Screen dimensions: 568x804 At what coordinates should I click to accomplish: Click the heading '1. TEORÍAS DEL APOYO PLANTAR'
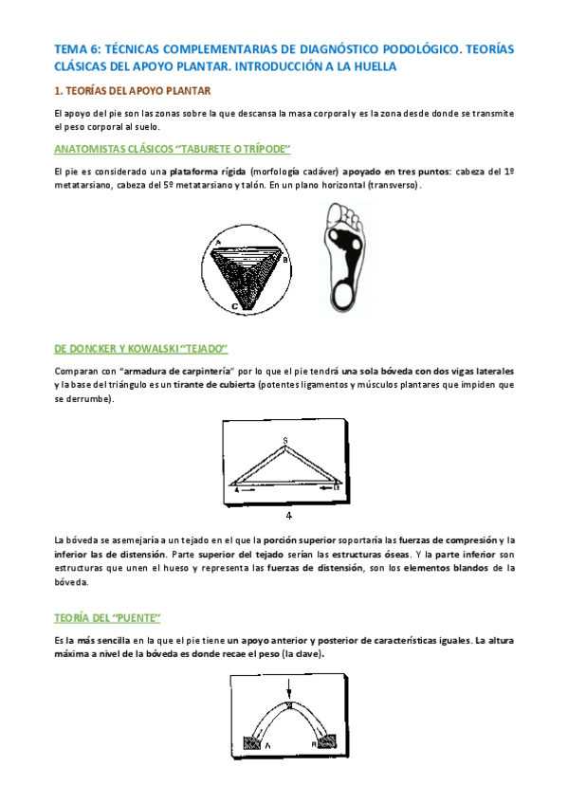tap(132, 91)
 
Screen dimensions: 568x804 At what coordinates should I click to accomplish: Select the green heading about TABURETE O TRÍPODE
tap(172, 149)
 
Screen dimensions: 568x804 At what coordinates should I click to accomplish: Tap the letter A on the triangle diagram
tap(218, 242)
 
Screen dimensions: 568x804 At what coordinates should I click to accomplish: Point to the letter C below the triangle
tap(234, 307)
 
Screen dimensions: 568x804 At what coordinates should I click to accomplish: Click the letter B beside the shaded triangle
tap(284, 258)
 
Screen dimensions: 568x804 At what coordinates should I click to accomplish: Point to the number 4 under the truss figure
tap(288, 516)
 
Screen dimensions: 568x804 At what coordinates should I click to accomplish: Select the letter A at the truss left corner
tap(235, 489)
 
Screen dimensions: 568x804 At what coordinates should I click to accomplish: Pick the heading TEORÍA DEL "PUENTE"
tap(106, 617)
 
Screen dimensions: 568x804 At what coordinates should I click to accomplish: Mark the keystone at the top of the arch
tap(288, 704)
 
